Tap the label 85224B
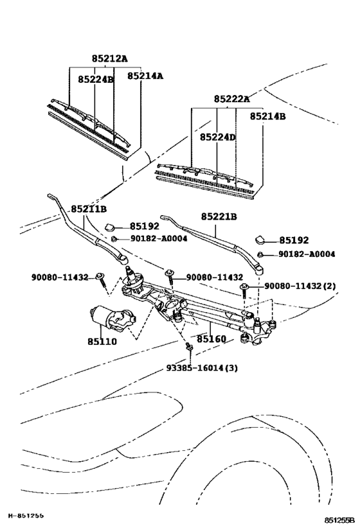click(x=96, y=80)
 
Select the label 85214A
click(x=145, y=76)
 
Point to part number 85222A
click(x=231, y=99)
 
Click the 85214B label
click(x=267, y=117)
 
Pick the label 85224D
click(x=217, y=137)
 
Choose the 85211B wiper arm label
click(x=89, y=209)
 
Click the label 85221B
click(x=219, y=217)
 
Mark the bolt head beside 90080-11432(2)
click(x=245, y=286)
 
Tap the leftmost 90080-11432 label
click(x=60, y=277)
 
